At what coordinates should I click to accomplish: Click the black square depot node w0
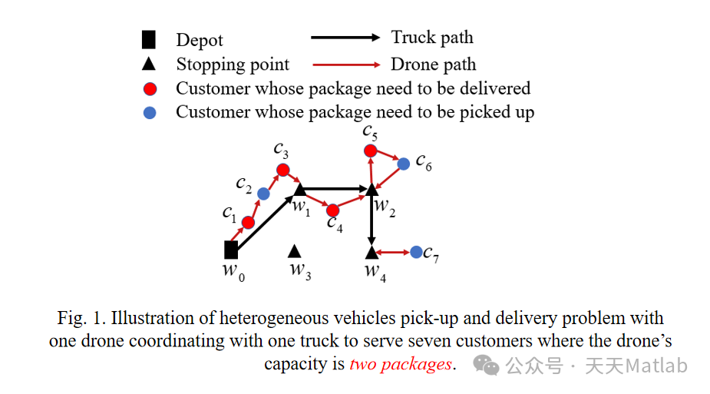coord(231,250)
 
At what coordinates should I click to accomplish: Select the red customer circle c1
coord(248,223)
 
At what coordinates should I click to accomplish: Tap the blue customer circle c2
coord(263,194)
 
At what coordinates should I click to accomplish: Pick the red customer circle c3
coord(282,170)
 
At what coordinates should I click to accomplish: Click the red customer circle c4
coord(332,210)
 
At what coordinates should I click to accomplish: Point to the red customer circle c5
coord(371,151)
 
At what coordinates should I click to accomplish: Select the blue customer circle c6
coord(404,164)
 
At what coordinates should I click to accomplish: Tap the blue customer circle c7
coord(416,252)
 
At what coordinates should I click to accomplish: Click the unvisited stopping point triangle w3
coord(295,250)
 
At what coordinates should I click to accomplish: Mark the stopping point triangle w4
coord(372,251)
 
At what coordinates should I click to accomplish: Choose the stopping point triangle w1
coord(300,188)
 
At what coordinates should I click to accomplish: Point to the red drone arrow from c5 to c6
coord(388,157)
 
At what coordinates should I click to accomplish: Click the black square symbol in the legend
coord(149,39)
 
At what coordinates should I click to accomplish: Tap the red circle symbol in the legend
coord(150,88)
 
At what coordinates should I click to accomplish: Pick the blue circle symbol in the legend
coord(150,112)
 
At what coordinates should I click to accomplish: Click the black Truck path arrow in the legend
coord(345,37)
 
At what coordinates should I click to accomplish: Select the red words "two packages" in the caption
coord(401,364)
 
